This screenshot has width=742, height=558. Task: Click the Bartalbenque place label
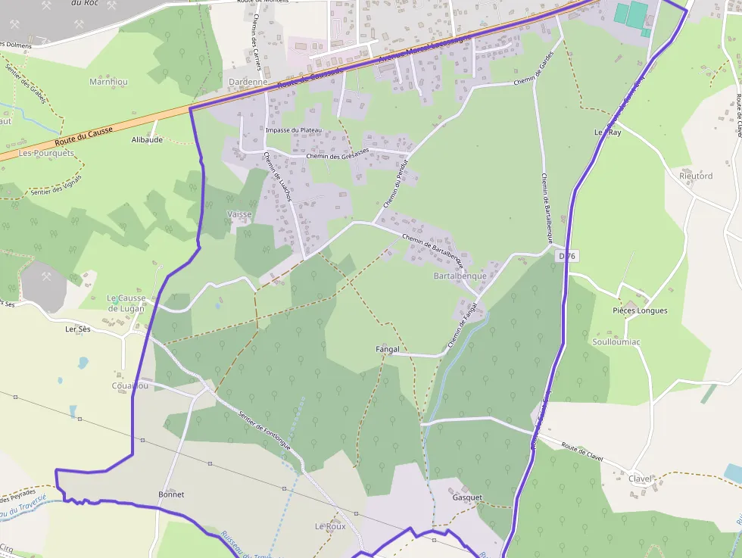(x=460, y=276)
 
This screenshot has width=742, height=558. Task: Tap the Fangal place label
(x=387, y=349)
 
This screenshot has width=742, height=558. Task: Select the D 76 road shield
(x=567, y=257)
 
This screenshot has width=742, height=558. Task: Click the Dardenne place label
(x=248, y=82)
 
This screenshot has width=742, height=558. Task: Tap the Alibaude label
(x=147, y=140)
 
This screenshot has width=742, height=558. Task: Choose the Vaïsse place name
(x=239, y=214)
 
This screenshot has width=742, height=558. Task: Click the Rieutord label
(x=696, y=176)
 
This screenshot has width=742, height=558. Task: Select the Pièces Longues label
(x=640, y=310)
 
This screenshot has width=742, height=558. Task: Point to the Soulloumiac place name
(x=616, y=342)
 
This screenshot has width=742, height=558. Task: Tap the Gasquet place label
(x=467, y=497)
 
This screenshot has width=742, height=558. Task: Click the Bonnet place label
(x=171, y=494)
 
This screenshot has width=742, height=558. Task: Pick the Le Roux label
(x=329, y=525)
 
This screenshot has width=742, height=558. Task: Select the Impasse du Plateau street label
(x=294, y=130)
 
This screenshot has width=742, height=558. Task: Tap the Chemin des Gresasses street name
(x=338, y=155)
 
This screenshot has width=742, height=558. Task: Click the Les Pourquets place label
(x=47, y=152)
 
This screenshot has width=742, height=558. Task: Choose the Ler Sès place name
(x=78, y=329)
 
